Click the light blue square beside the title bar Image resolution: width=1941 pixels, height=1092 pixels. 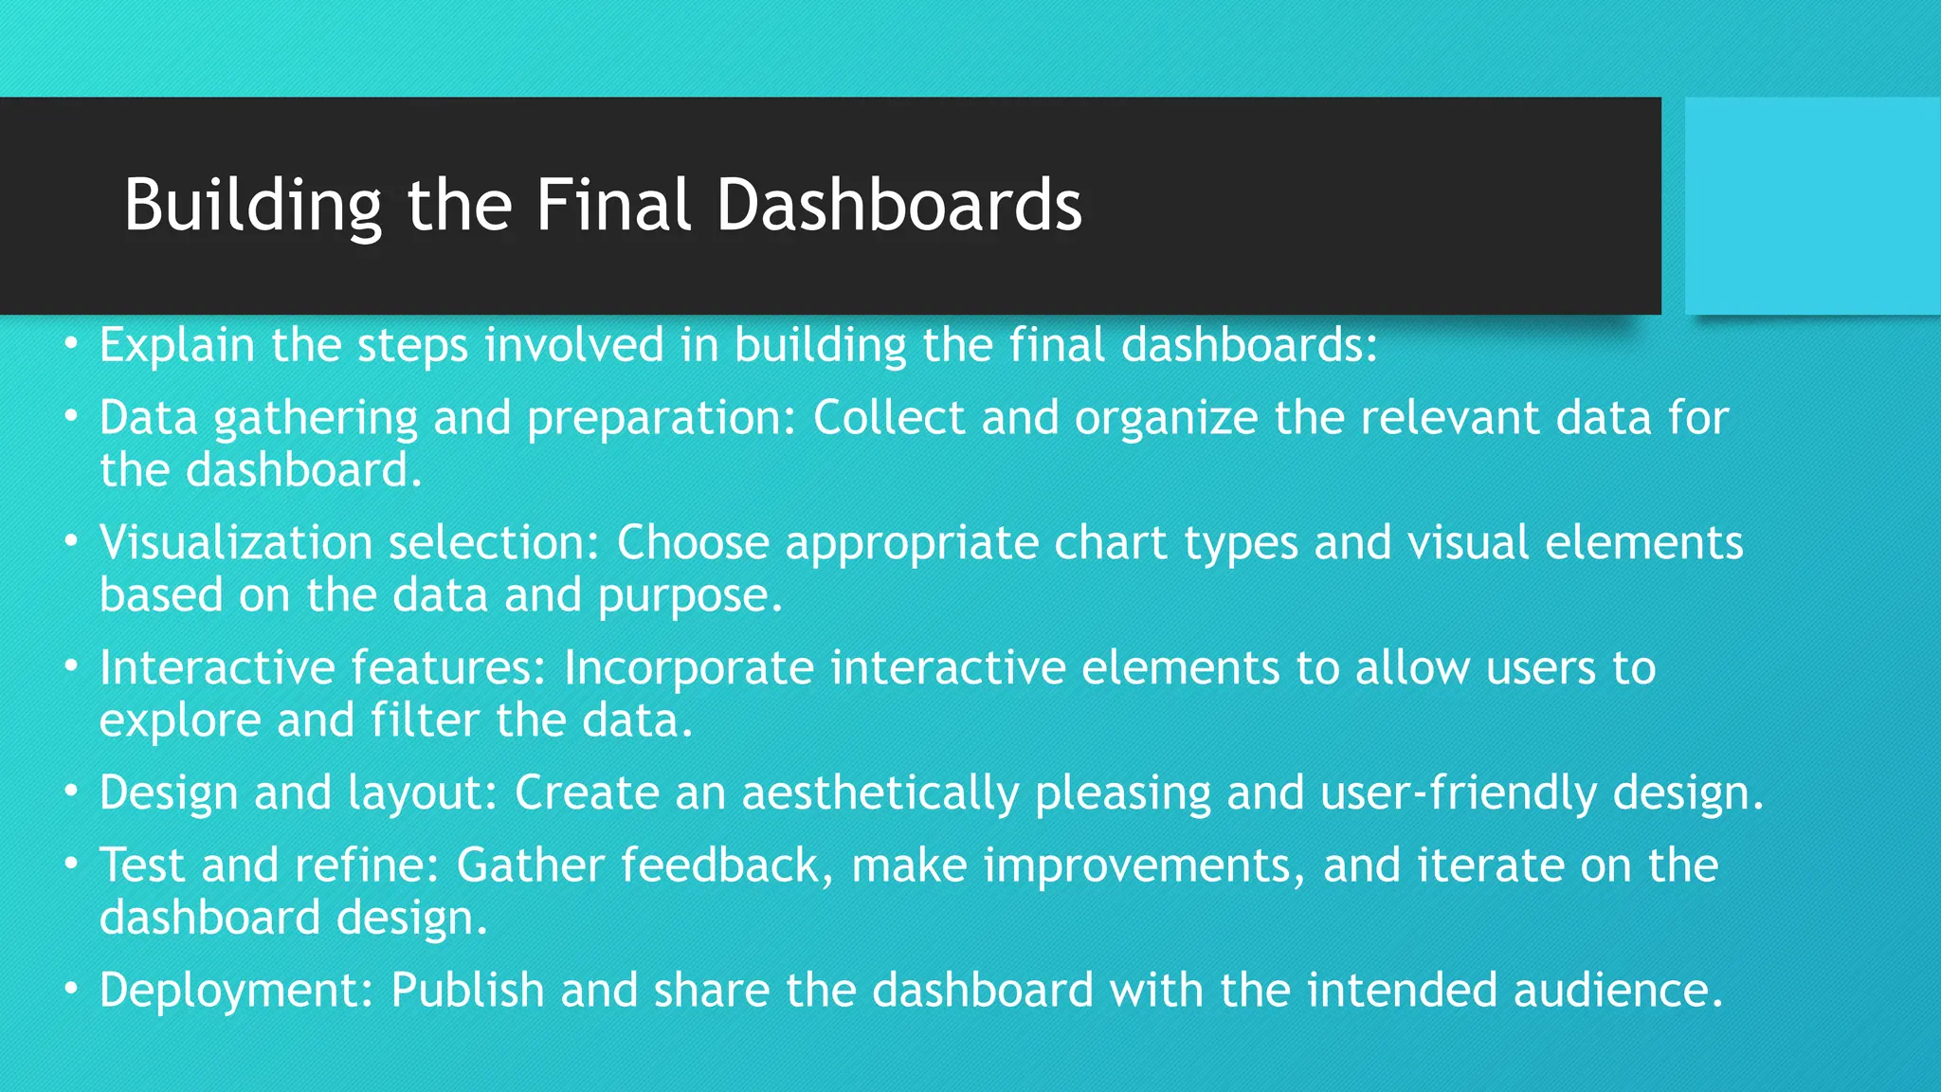click(x=1812, y=206)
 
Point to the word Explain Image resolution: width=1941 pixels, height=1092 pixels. click(x=176, y=345)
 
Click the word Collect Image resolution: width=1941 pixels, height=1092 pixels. click(x=888, y=417)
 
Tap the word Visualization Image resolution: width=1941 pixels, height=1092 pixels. click(x=236, y=543)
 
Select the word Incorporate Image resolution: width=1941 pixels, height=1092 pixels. click(x=689, y=667)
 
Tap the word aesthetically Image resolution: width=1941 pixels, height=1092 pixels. click(x=880, y=793)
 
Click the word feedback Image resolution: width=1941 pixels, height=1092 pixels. click(x=720, y=865)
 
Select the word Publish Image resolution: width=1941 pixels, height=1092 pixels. click(x=467, y=991)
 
